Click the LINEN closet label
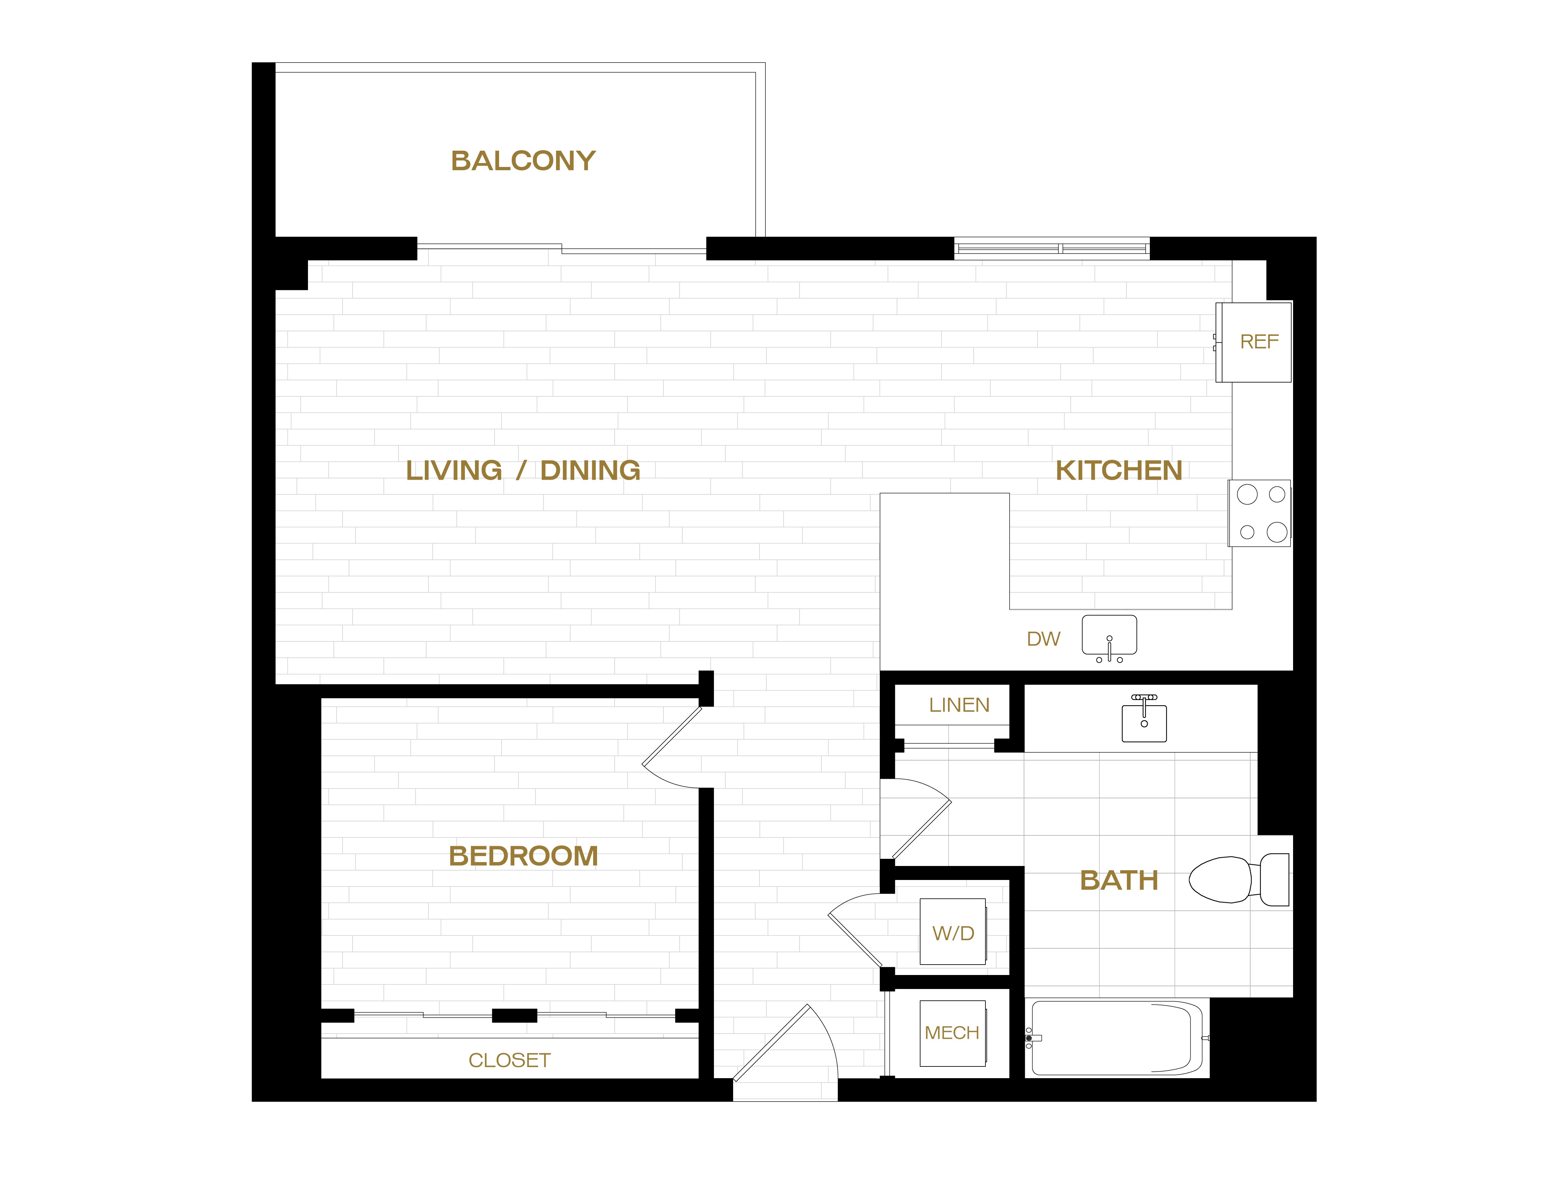tap(959, 705)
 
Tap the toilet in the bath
tap(1238, 879)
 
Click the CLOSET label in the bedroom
tap(509, 1060)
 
